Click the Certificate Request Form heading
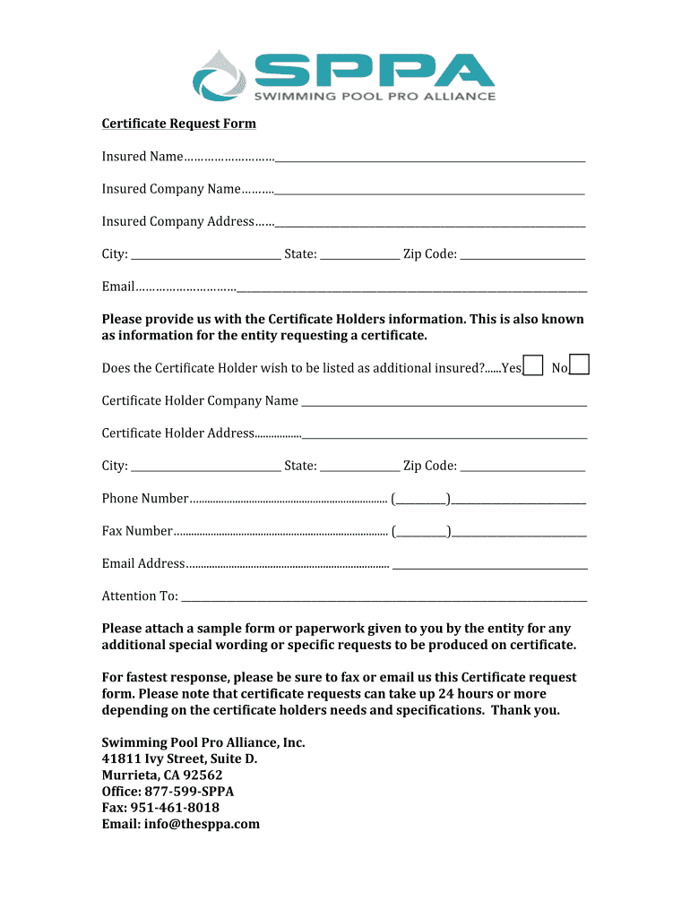point(178,124)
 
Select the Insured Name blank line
point(430,159)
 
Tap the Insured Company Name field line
point(430,191)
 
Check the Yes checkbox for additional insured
point(533,365)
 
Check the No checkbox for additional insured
point(580,364)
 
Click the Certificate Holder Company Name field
point(444,403)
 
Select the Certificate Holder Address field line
point(444,435)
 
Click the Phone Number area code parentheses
point(421,499)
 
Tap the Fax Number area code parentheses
point(421,532)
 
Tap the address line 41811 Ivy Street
point(179,759)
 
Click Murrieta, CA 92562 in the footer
point(162,776)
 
